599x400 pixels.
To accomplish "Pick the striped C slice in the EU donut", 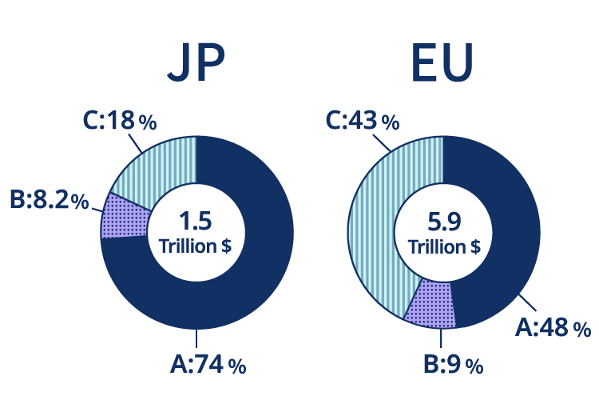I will point(379,208).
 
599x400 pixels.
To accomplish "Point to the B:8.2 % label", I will point(48,199).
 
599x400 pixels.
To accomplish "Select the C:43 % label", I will point(362,122).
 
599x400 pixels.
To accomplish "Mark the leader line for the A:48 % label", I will point(528,305).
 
